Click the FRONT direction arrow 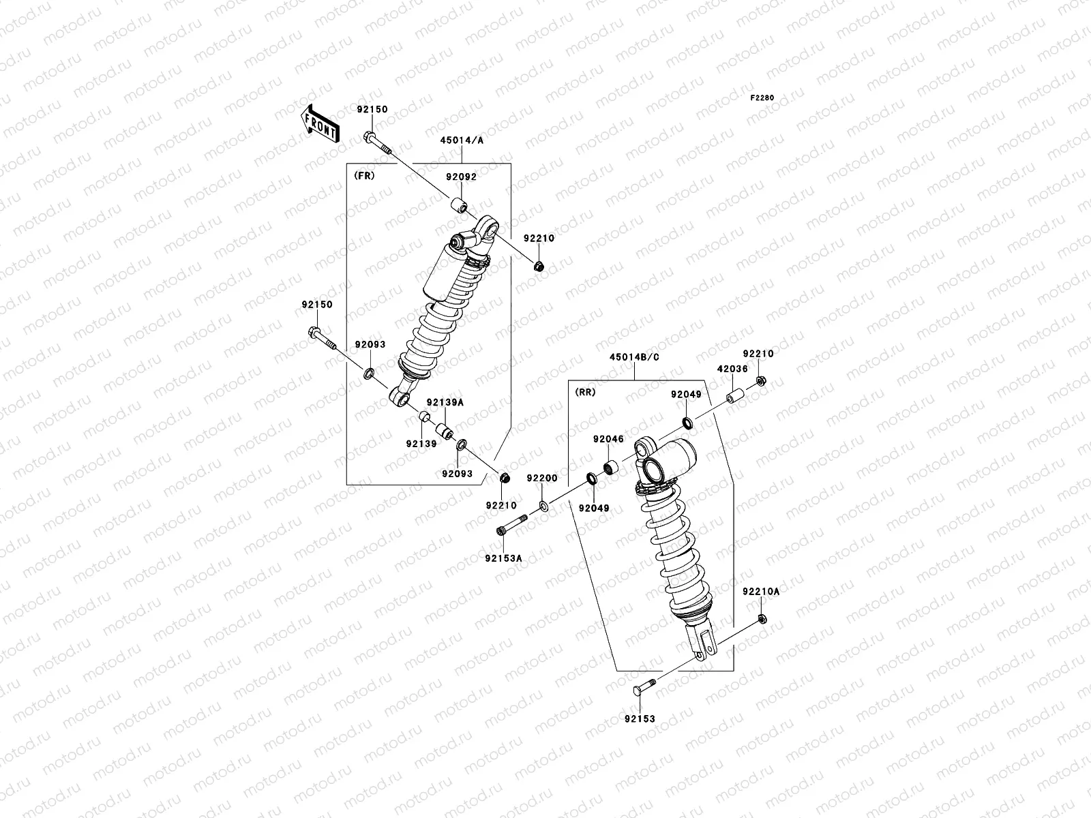320,125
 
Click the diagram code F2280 762,98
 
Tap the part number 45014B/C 634,357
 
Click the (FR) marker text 364,176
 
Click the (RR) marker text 585,392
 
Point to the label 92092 461,177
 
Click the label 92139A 445,403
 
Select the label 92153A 503,558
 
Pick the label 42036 732,369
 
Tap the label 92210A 760,592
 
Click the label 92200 542,479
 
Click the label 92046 608,440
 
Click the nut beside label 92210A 762,618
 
